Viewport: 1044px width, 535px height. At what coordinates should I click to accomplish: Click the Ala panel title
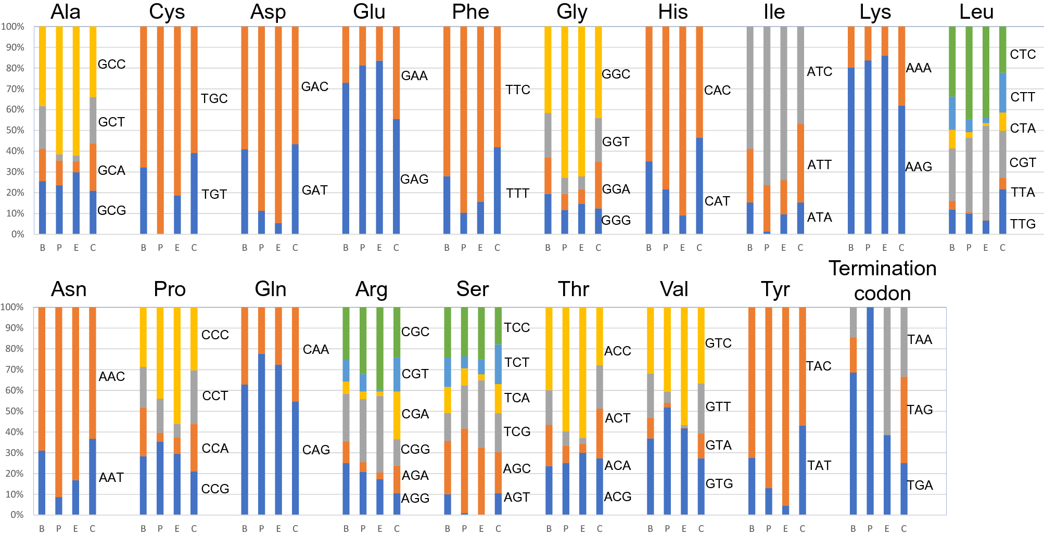point(66,12)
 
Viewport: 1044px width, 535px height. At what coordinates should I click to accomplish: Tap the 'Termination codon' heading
point(882,281)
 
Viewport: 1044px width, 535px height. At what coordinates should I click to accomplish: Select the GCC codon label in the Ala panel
point(111,64)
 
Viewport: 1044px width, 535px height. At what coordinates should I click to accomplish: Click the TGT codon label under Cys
point(214,194)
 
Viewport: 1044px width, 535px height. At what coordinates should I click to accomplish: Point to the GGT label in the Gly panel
point(616,142)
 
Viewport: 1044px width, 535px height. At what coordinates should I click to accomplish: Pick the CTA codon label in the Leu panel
point(1022,128)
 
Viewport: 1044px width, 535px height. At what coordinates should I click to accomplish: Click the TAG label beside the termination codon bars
point(920,410)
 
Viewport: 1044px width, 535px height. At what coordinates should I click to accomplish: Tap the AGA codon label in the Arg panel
point(415,475)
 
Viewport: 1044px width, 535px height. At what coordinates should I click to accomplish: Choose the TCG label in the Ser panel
point(517,431)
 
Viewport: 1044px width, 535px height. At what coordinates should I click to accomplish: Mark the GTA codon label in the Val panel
point(718,445)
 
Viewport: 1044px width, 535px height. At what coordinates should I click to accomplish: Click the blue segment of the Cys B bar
point(144,200)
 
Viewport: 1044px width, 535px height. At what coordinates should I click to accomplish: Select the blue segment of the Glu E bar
point(379,147)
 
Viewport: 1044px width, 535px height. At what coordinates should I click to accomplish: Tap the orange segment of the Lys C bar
point(901,66)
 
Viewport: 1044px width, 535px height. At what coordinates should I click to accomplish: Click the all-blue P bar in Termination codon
point(870,411)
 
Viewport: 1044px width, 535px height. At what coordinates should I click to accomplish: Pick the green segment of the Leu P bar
point(969,73)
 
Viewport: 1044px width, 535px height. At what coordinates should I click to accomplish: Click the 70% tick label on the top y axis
point(14,89)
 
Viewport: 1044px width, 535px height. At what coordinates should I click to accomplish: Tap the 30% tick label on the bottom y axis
point(14,453)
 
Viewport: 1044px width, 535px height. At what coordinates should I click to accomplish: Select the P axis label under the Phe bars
point(464,248)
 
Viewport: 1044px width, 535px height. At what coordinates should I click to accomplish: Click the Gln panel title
point(271,289)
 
